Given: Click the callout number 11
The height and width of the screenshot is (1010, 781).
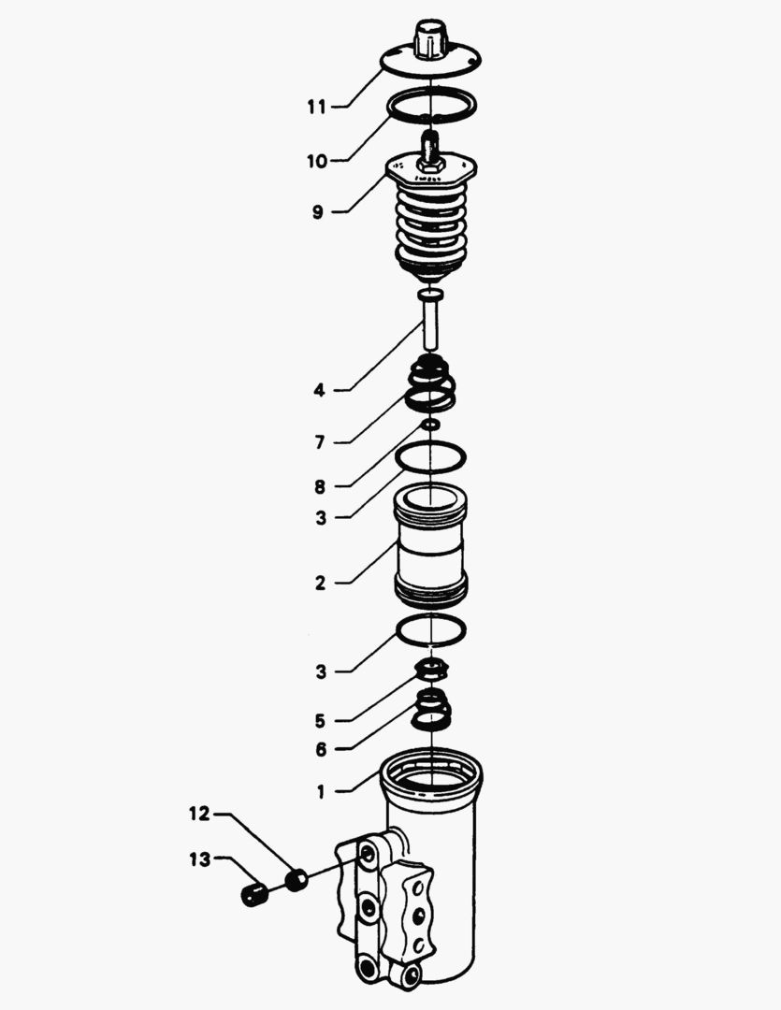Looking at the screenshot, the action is (x=316, y=107).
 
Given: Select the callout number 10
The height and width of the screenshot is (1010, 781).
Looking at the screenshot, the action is (x=317, y=161).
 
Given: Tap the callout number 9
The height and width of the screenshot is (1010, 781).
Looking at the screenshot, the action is (x=318, y=212).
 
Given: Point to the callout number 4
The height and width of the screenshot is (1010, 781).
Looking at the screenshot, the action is (x=320, y=390).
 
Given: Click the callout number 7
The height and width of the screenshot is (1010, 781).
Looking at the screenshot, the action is (x=320, y=442).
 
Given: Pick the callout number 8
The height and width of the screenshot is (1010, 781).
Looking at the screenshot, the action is (x=320, y=487).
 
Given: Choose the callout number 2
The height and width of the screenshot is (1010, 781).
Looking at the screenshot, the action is (x=320, y=583).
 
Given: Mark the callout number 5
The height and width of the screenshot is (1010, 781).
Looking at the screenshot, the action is (x=320, y=721).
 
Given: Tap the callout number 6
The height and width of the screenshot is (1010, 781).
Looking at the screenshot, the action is (x=321, y=749).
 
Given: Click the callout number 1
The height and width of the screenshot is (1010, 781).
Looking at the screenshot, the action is (x=321, y=791).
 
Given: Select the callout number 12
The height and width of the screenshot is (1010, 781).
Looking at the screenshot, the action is (x=200, y=814).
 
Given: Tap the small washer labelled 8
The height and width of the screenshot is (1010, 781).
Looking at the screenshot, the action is (x=430, y=425).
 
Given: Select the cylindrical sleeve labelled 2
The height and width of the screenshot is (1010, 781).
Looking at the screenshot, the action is (x=430, y=545).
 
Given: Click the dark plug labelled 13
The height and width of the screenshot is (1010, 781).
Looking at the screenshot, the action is (x=254, y=895).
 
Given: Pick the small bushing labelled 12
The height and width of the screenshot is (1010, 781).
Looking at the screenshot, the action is (x=296, y=880).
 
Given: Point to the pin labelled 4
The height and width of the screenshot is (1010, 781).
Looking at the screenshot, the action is (x=430, y=319).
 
